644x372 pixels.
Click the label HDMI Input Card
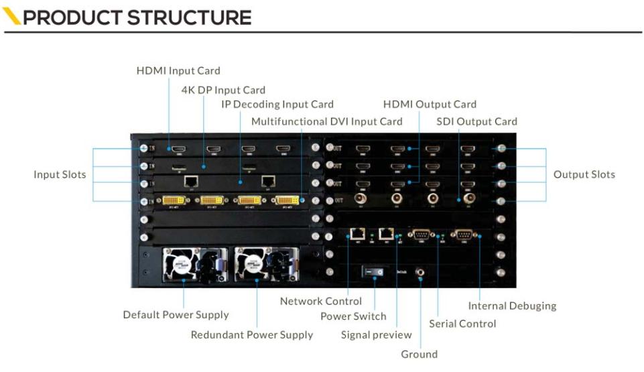pyautogui.click(x=178, y=70)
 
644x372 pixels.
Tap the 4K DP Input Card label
pyautogui.click(x=223, y=90)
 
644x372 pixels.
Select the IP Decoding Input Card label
pyautogui.click(x=277, y=105)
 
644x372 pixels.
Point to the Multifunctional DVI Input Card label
pyautogui.click(x=326, y=121)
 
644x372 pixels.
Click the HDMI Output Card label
pyautogui.click(x=430, y=105)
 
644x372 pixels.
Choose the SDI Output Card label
pyautogui.click(x=476, y=121)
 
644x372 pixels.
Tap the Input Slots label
pyautogui.click(x=60, y=174)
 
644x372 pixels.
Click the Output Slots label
pyautogui.click(x=584, y=174)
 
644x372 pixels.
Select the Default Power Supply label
pyautogui.click(x=176, y=314)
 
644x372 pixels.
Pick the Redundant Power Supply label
pyautogui.click(x=252, y=334)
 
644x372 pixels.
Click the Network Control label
pyautogui.click(x=321, y=301)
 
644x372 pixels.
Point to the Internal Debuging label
pyautogui.click(x=512, y=306)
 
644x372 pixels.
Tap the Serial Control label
pyautogui.click(x=462, y=324)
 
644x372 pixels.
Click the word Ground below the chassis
pyautogui.click(x=419, y=354)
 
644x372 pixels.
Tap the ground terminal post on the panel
pyautogui.click(x=420, y=272)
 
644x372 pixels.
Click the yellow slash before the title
pyautogui.click(x=12, y=17)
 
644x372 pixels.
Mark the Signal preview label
pyautogui.click(x=376, y=334)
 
